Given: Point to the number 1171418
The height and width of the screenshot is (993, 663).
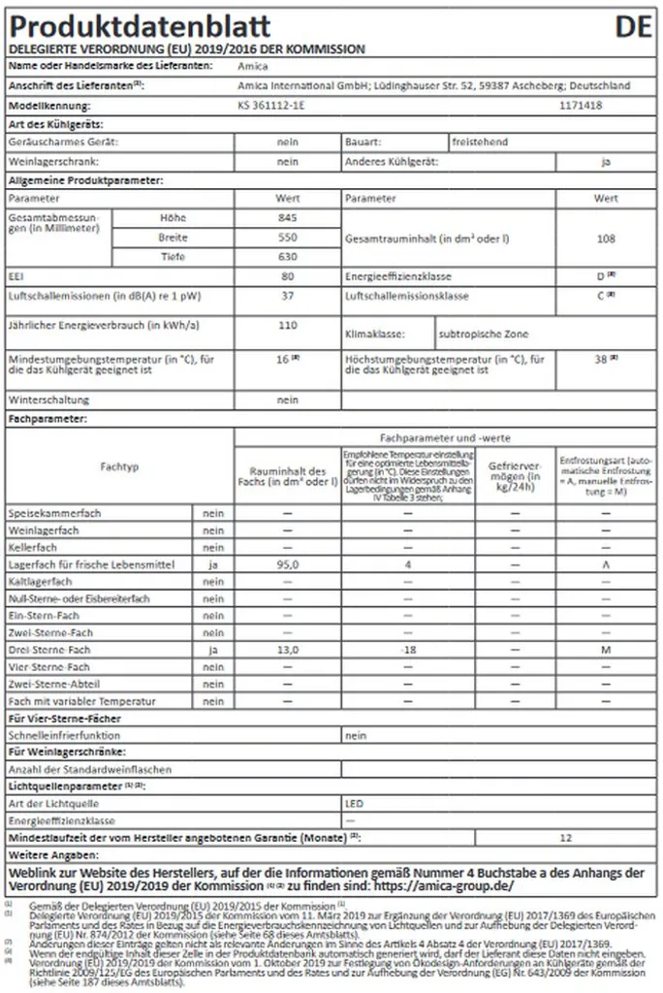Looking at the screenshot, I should [582, 104].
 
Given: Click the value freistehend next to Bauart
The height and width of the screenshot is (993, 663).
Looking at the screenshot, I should [479, 142].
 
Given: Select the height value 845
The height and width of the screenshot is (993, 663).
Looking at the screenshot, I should [287, 217].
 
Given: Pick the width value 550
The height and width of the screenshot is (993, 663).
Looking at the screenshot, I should [287, 237].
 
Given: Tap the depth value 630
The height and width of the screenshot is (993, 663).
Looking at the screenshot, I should [287, 256].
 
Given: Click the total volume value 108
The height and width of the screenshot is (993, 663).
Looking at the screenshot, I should [606, 237].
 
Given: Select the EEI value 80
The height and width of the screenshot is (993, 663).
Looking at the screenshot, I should [287, 275].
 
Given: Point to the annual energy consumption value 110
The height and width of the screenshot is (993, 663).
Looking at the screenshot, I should [287, 325].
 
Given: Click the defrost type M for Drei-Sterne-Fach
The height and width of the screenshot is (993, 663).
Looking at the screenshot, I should [605, 649].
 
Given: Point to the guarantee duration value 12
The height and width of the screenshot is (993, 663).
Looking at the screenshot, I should [567, 835].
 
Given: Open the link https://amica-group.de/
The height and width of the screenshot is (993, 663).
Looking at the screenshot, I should [443, 885].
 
